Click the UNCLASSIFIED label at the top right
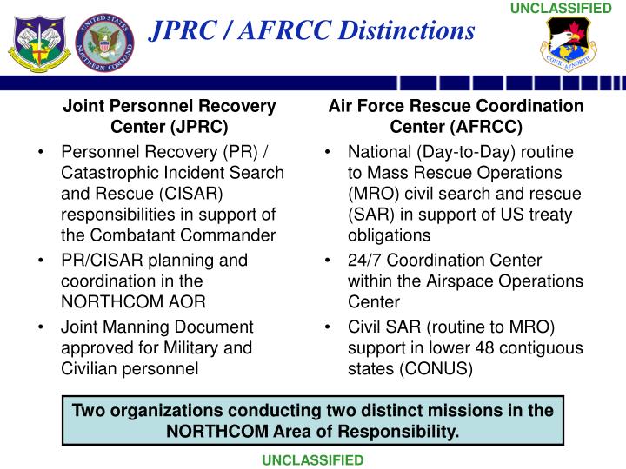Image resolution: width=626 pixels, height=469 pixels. pos(573,8)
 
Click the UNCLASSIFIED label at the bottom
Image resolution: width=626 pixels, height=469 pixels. pos(313,459)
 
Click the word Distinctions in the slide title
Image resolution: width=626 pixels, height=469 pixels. pos(403,31)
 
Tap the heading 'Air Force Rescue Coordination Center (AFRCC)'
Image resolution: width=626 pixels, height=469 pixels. pos(456,116)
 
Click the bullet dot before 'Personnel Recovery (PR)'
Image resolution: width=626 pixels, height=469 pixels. pos(43,152)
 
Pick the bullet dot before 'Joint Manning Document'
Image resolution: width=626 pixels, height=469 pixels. pos(43,327)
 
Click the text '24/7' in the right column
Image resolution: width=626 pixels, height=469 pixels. pos(364,261)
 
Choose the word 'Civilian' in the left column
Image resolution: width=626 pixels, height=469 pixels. pos(88,368)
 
